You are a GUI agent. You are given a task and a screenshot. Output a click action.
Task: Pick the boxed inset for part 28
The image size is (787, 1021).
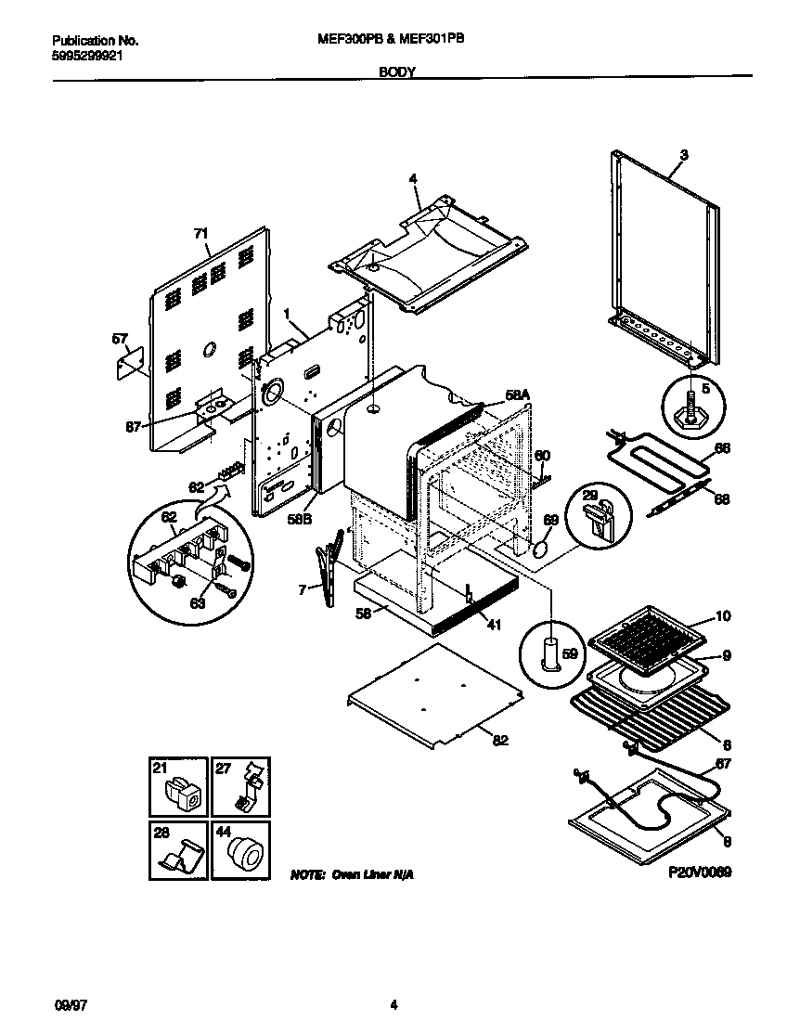tap(178, 849)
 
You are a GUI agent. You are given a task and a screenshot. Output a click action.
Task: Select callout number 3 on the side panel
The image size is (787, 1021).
tap(683, 155)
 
